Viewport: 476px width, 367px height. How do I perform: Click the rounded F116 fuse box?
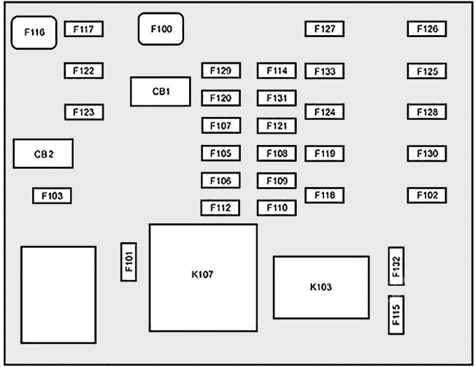tap(34, 32)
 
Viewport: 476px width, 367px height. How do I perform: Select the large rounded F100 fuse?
tap(161, 29)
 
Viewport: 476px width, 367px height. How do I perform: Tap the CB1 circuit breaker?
tap(160, 92)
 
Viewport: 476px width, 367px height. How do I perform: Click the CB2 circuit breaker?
tap(43, 153)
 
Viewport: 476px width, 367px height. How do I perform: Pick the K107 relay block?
tap(203, 277)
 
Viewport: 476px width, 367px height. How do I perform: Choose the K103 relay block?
tap(321, 287)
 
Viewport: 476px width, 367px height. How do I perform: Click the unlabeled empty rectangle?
tap(58, 295)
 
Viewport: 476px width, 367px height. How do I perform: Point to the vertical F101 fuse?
tap(129, 262)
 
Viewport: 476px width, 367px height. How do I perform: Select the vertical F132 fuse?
tap(396, 266)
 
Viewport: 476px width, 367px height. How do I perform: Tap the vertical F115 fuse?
tap(396, 315)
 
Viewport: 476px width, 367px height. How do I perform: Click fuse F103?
tap(52, 195)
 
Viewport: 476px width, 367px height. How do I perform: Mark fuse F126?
tap(427, 29)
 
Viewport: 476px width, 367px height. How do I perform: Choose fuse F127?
tap(325, 29)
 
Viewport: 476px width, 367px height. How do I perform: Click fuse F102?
tap(427, 195)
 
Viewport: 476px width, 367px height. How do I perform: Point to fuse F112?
tap(220, 208)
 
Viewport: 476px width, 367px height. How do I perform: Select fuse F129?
tap(221, 71)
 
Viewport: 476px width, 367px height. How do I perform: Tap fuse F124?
tap(325, 112)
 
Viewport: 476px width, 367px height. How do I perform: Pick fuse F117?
tap(84, 29)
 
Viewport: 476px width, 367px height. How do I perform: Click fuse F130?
tap(427, 153)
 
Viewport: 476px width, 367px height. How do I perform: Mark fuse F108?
tap(276, 153)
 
